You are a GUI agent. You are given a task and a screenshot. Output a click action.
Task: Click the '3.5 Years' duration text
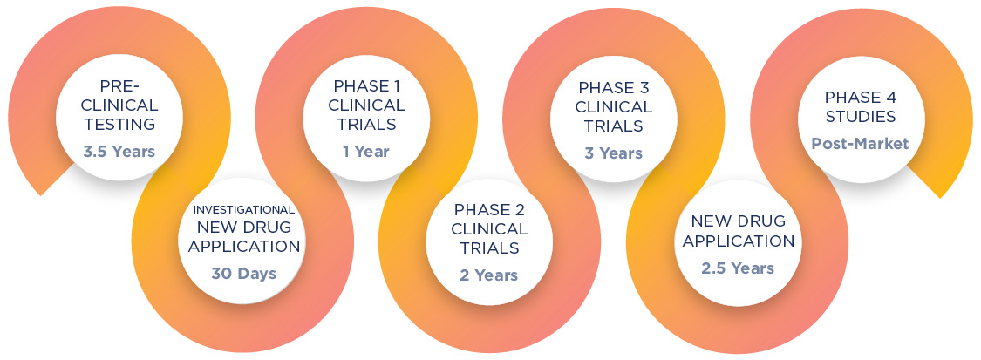pos(119,151)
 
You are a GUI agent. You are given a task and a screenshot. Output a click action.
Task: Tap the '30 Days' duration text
pos(243,274)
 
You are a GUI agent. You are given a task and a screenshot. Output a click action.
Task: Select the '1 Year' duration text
pos(366,152)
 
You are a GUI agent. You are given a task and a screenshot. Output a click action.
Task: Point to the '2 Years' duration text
pos(488,275)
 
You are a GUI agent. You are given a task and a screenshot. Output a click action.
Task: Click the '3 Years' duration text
pos(613,153)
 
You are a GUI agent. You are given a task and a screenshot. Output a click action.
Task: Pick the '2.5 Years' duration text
pos(738,268)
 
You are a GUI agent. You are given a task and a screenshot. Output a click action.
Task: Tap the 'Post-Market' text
pos(860,143)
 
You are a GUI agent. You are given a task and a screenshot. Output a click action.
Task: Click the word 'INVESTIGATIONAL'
pos(243,209)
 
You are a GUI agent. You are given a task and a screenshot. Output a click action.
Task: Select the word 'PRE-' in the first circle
pos(119,85)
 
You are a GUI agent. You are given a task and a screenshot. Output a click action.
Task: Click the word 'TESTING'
pos(119,124)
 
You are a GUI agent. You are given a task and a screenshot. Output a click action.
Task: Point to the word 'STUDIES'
pos(860,116)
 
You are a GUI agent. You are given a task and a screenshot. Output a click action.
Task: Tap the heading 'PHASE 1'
pos(366,85)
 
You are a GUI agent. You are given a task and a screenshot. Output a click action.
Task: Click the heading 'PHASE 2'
pos(488,209)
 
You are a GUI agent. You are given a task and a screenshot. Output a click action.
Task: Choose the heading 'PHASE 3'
pos(614,88)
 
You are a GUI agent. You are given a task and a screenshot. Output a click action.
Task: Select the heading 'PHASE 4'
pos(860,97)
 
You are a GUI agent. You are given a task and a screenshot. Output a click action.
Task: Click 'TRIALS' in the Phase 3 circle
pos(614,126)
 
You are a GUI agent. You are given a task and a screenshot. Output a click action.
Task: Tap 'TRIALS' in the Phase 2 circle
pos(488,248)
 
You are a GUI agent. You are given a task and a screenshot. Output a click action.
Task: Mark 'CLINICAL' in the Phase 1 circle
pos(366,105)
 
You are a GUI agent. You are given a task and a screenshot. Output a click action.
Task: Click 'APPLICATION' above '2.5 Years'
pos(738,240)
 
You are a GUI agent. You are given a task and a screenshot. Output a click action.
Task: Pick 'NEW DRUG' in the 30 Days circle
pos(243,228)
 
